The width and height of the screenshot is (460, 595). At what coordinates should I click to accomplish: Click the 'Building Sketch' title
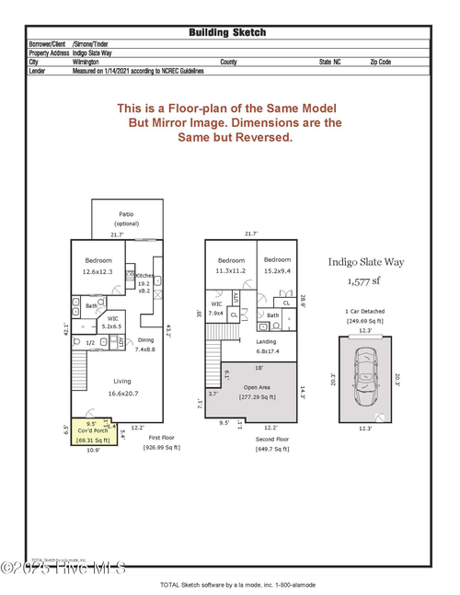coord(227,32)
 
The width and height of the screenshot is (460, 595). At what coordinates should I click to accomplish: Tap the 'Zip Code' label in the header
coord(380,62)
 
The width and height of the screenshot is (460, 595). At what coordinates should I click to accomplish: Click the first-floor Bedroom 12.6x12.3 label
coord(98,266)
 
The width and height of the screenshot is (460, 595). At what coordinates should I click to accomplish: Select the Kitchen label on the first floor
coord(144,276)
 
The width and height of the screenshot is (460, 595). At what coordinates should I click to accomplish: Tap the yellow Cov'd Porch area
coord(90,430)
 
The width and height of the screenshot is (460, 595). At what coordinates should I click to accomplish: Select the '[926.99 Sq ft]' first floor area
coord(162,447)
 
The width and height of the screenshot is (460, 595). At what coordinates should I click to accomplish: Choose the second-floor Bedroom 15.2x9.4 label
coord(277,266)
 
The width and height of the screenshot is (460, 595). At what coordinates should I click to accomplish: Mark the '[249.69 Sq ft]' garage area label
coord(363,320)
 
